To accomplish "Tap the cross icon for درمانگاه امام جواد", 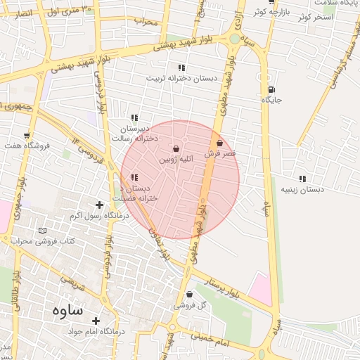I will (x=96, y=320).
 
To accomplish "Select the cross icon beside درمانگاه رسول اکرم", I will (x=99, y=205).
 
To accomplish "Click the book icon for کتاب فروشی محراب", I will (x=43, y=231).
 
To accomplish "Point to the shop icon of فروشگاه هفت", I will (x=27, y=135).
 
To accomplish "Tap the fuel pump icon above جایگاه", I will (x=271, y=89).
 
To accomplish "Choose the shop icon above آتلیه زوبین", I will (x=176, y=149).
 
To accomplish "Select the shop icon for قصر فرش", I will (x=220, y=143).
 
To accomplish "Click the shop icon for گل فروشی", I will (x=189, y=295).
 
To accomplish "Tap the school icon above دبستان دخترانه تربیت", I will (x=181, y=67).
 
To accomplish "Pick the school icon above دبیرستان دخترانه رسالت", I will (x=134, y=118).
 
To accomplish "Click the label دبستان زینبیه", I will (x=302, y=190).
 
